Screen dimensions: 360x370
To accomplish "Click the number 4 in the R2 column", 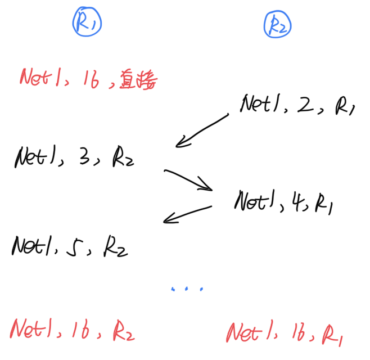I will pos(295,201).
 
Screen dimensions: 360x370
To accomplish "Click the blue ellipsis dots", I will pos(187,289).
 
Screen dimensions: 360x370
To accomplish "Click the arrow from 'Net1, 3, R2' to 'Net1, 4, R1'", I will pos(188,180).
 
